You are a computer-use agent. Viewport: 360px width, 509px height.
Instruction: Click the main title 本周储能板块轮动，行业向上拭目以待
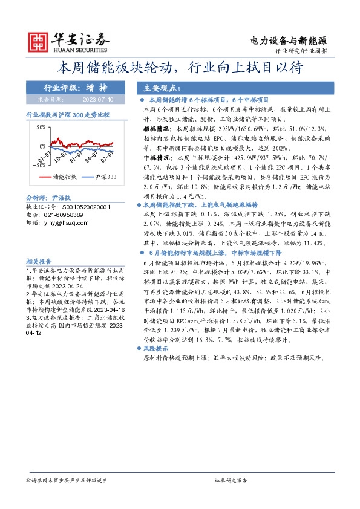180,66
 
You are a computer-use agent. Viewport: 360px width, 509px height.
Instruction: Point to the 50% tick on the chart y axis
40,128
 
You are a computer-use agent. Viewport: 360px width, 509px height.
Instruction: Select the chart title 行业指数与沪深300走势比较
68,114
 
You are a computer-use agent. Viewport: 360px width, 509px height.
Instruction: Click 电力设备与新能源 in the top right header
289,41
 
